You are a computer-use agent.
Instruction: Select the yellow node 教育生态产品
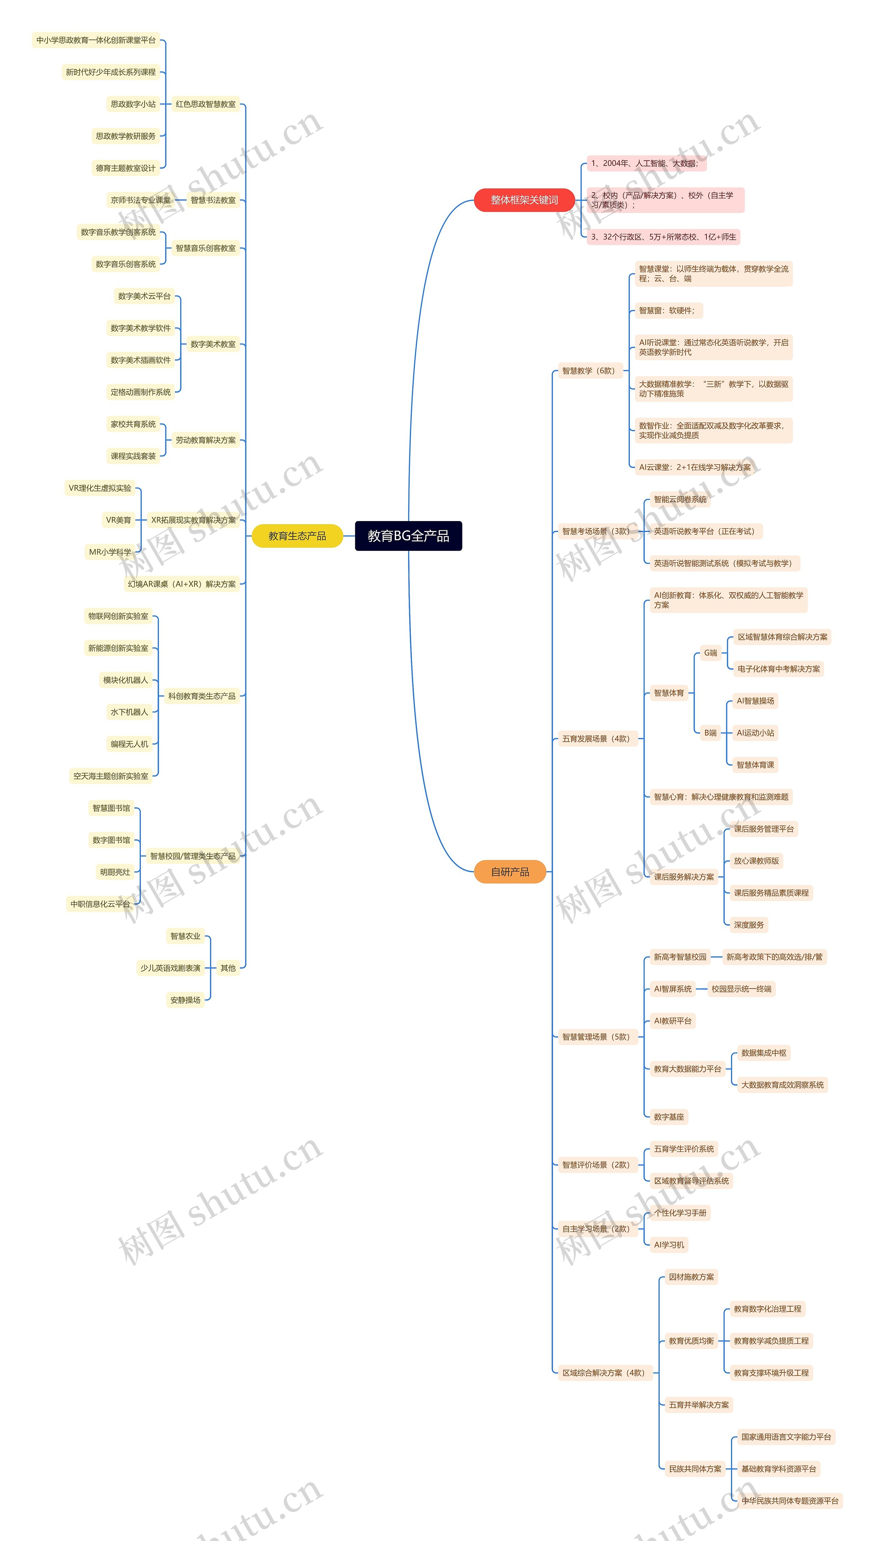point(297,535)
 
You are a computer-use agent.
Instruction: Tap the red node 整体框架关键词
point(524,200)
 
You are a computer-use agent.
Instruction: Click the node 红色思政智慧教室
point(205,104)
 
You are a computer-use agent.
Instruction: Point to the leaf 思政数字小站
point(133,104)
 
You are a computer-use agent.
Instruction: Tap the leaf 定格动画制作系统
point(140,392)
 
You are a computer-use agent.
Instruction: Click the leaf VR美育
point(118,520)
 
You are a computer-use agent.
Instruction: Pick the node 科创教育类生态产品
point(202,696)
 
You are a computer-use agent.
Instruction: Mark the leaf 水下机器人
point(129,712)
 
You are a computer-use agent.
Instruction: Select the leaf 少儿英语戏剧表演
point(170,968)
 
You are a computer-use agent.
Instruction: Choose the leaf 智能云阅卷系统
point(680,499)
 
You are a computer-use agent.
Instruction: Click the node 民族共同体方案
point(695,1468)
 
